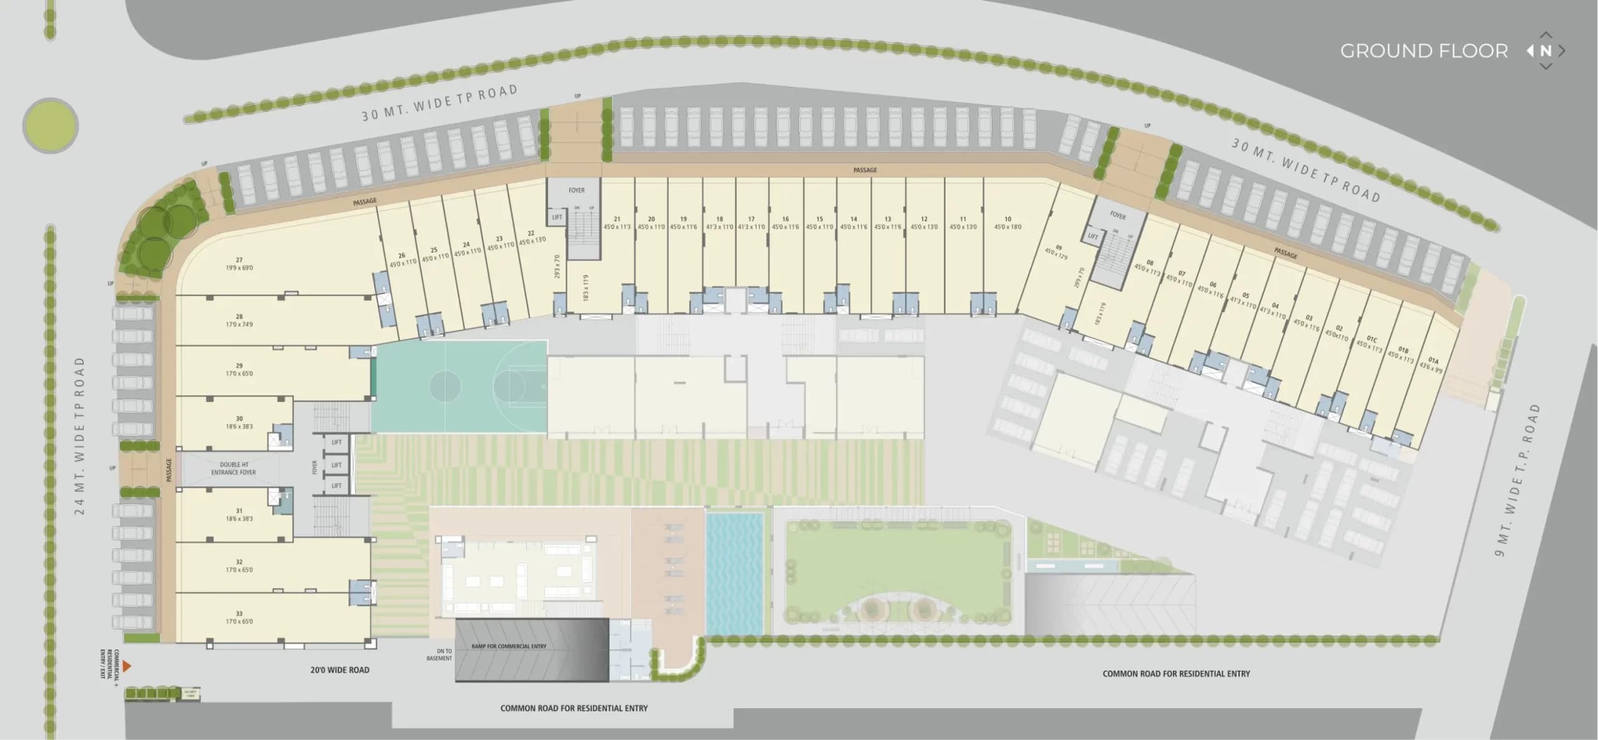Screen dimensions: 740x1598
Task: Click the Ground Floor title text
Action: pos(1423,51)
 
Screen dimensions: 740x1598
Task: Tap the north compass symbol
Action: pos(1546,51)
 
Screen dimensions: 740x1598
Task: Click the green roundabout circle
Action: pos(50,125)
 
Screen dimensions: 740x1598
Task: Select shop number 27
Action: pos(239,264)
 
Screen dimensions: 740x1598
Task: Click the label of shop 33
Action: pos(239,617)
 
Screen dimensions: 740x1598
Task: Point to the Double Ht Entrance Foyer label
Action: pos(233,469)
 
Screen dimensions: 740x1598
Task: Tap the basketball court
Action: pos(459,386)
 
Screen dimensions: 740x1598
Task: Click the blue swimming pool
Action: pos(735,572)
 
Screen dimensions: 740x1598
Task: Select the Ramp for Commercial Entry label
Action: pos(509,646)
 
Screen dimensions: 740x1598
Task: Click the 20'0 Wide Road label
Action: pos(340,670)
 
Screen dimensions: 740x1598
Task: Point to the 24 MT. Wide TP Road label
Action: pos(79,436)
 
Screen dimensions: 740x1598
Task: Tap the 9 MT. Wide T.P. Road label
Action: pos(1517,480)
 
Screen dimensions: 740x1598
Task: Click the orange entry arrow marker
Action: pos(127,666)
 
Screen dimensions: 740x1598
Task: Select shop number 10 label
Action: pos(1007,223)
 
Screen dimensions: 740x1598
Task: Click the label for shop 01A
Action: pos(1433,364)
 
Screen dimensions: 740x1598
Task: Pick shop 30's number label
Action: pos(239,422)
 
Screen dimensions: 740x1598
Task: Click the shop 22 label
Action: pos(531,236)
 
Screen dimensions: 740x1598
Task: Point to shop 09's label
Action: pos(1057,251)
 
